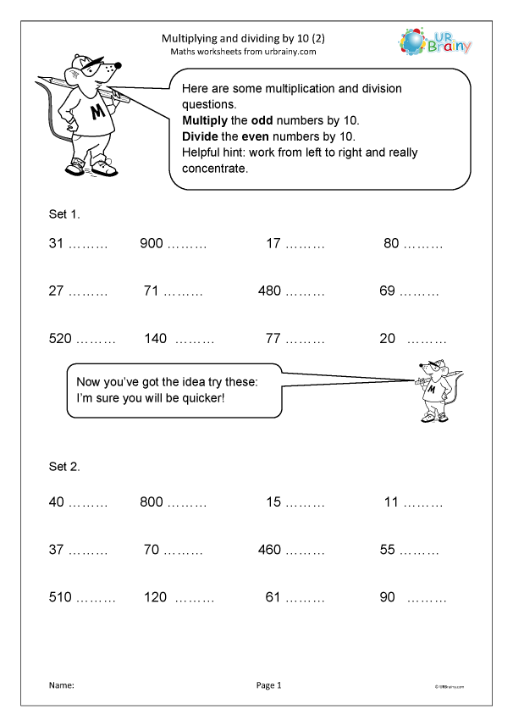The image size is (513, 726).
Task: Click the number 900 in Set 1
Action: tap(151, 244)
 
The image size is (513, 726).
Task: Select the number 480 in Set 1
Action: tap(269, 291)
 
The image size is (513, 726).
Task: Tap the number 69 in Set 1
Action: tap(388, 291)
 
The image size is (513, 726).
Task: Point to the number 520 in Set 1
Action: tap(60, 339)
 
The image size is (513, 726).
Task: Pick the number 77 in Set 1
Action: tap(273, 339)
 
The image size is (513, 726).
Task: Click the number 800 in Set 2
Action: tap(151, 502)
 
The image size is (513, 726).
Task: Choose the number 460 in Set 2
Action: tap(269, 550)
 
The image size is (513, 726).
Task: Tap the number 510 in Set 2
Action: tap(60, 597)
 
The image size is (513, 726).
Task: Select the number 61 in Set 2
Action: tap(273, 597)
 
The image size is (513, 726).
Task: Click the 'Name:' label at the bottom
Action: tap(62, 685)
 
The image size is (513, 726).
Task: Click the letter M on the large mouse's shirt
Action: tap(97, 111)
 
